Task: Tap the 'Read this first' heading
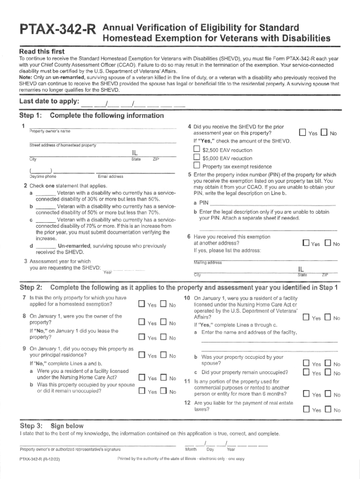pos(42,51)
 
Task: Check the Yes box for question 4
pos(302,133)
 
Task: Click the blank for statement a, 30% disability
pos(45,193)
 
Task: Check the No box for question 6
pos(328,243)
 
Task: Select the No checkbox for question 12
pos(328,410)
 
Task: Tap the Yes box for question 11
pos(306,394)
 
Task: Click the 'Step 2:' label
pos(31,287)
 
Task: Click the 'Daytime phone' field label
pos(43,176)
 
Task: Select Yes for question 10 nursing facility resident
pos(306,318)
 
